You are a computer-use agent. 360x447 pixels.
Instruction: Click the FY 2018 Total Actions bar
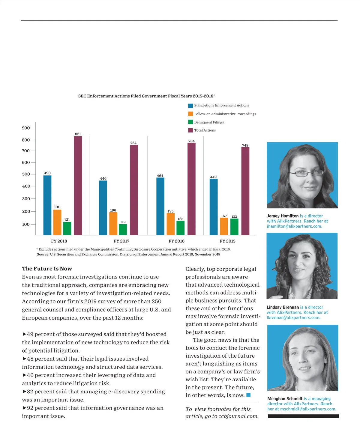(x=78, y=186)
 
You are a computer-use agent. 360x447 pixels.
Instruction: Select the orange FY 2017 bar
(x=113, y=224)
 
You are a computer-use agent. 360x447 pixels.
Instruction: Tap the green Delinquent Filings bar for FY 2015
(x=234, y=227)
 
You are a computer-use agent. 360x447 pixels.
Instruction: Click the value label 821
(x=78, y=134)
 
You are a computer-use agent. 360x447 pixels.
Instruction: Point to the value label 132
(x=234, y=216)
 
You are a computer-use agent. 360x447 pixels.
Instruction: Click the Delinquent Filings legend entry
(x=209, y=122)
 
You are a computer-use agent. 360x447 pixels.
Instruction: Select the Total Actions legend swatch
(x=190, y=130)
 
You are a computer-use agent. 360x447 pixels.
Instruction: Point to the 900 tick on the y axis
(x=26, y=128)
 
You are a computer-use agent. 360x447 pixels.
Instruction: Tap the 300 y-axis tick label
(x=26, y=199)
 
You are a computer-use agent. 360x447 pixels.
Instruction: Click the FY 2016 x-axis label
(x=176, y=241)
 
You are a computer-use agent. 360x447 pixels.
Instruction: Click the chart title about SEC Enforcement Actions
(x=147, y=96)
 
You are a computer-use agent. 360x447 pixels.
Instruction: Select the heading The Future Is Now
(x=47, y=269)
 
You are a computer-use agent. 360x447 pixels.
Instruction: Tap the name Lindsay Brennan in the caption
(x=283, y=307)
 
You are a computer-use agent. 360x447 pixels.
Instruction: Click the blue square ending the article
(x=248, y=395)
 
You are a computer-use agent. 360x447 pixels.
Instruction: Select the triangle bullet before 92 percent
(x=24, y=408)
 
